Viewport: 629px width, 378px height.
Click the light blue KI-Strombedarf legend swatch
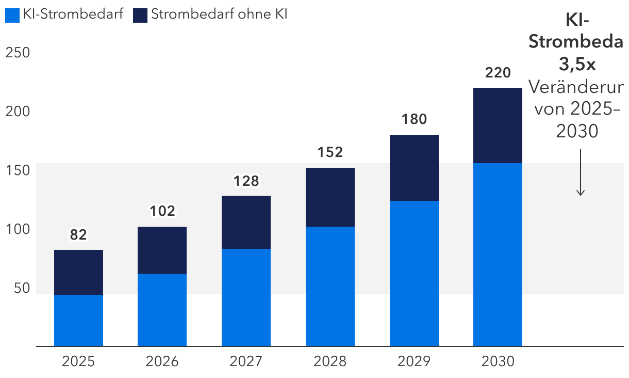(x=12, y=15)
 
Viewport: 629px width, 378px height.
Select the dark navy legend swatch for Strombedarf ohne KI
(x=140, y=15)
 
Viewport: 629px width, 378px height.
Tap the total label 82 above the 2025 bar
(x=78, y=235)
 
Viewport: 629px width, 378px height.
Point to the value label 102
(x=162, y=211)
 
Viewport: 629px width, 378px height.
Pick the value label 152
(x=330, y=152)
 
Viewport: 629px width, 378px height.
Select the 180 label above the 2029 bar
(x=414, y=119)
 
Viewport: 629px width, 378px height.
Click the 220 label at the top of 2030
(x=498, y=72)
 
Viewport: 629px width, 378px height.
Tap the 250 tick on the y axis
(x=17, y=53)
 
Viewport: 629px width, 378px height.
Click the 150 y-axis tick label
(x=17, y=170)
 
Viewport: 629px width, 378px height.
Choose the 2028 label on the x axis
(x=330, y=361)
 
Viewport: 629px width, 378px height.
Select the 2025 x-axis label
(x=78, y=361)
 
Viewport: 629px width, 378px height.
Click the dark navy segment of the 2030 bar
(x=498, y=125)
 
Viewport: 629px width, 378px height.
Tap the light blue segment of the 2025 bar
(x=78, y=320)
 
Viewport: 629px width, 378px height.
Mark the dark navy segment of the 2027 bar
(x=246, y=222)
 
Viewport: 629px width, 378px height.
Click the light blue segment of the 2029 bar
(x=414, y=273)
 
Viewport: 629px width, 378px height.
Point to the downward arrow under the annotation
(x=581, y=173)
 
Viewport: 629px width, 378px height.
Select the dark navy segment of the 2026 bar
(x=162, y=250)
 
